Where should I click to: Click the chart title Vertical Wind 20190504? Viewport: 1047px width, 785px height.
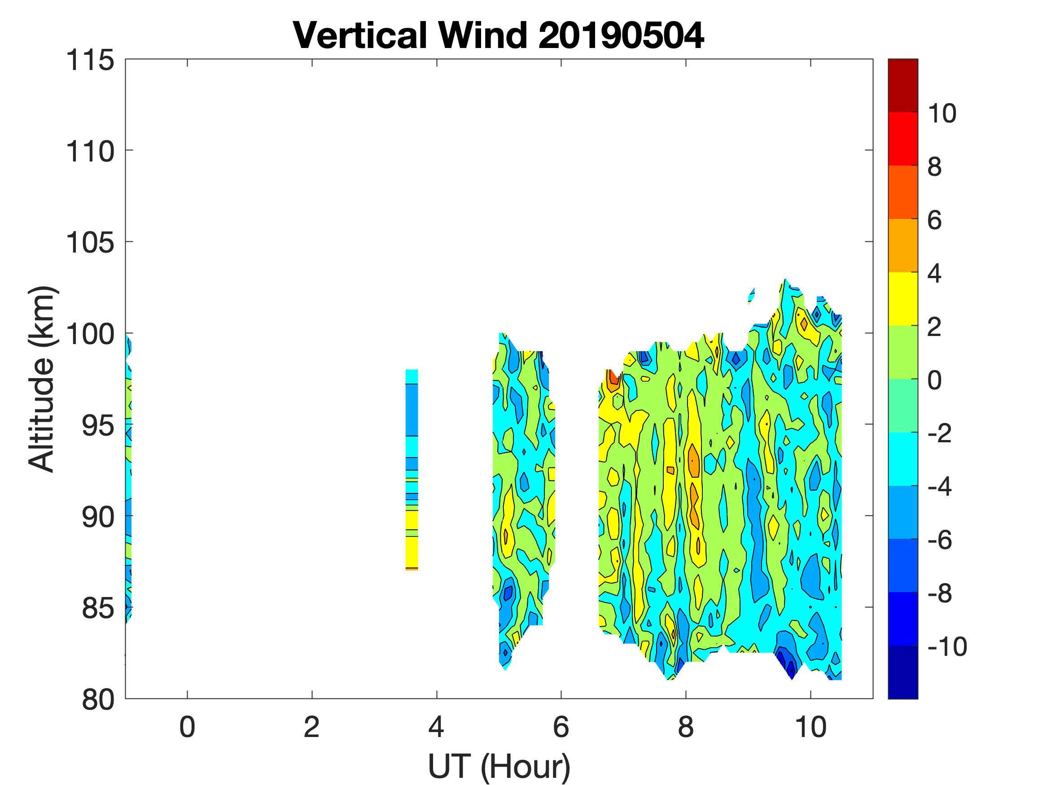(x=499, y=35)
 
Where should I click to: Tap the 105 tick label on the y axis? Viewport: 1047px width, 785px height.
(x=90, y=243)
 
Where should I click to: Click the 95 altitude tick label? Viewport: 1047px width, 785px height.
(x=98, y=425)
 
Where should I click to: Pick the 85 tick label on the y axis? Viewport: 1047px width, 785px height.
(x=98, y=608)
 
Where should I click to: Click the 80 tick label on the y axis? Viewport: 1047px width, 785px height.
(x=98, y=699)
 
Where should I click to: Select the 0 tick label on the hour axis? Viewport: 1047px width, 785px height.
(x=188, y=727)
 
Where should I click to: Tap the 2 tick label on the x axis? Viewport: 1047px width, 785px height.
(x=311, y=727)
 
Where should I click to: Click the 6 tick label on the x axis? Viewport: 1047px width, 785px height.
(x=561, y=727)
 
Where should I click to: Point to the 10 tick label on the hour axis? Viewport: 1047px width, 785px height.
(x=811, y=727)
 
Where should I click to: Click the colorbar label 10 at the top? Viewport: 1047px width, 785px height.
(x=942, y=113)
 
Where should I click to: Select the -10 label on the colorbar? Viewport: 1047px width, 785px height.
(x=946, y=646)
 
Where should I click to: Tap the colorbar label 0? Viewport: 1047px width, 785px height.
(x=934, y=380)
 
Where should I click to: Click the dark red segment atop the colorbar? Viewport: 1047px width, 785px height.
(x=902, y=85)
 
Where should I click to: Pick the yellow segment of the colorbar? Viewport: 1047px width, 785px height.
(x=902, y=299)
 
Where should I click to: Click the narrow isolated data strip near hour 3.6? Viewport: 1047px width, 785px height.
(x=412, y=468)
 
